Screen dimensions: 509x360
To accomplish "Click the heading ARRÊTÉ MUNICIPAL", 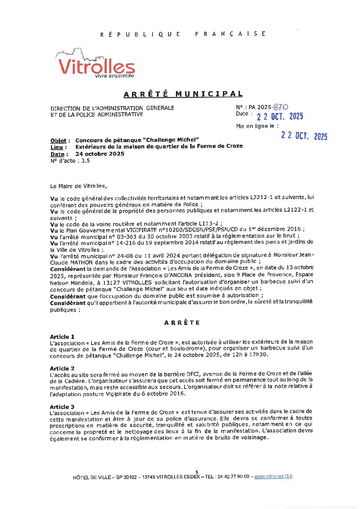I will coord(183,94).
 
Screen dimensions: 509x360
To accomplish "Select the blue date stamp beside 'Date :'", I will coord(280,116).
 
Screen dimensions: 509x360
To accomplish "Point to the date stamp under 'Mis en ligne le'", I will coord(304,136).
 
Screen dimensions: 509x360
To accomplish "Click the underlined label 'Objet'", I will coord(58,141).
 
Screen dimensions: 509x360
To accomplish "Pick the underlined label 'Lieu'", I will coord(56,147).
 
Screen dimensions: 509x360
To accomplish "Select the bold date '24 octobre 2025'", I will coord(100,154).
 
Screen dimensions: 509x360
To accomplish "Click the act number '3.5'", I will coord(85,161).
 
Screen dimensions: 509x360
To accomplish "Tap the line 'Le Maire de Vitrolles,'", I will coord(78,186).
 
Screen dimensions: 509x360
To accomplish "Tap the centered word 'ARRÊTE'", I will coord(182,323).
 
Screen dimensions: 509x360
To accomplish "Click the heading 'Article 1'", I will coord(62,337).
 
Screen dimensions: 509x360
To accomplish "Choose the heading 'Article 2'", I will coord(62,368).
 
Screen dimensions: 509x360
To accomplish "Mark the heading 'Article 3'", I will coord(62,407).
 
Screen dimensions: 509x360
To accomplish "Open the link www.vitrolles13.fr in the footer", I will coord(273,476).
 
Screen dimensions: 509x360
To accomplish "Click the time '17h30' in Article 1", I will coord(260,355).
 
